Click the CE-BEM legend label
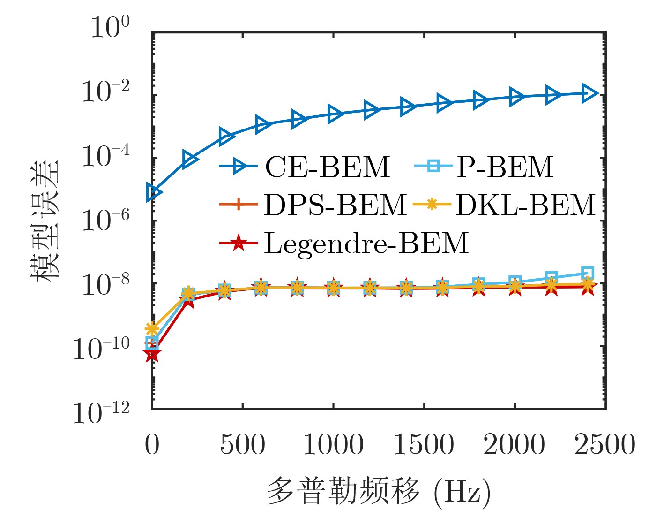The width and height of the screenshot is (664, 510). (327, 167)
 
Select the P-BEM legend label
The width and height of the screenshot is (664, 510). (505, 167)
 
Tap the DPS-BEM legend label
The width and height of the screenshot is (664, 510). (335, 205)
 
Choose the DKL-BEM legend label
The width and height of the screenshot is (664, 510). (525, 205)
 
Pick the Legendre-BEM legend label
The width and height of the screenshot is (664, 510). (366, 243)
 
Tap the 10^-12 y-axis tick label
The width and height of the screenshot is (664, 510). (101, 413)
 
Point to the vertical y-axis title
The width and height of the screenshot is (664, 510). (45, 221)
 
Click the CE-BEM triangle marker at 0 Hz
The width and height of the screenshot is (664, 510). (153, 192)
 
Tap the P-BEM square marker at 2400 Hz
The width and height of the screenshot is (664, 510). (588, 273)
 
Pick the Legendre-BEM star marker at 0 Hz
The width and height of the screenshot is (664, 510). (152, 355)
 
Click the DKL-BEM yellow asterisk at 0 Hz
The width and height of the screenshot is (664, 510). (151, 328)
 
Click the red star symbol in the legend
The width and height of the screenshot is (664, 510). (239, 243)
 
